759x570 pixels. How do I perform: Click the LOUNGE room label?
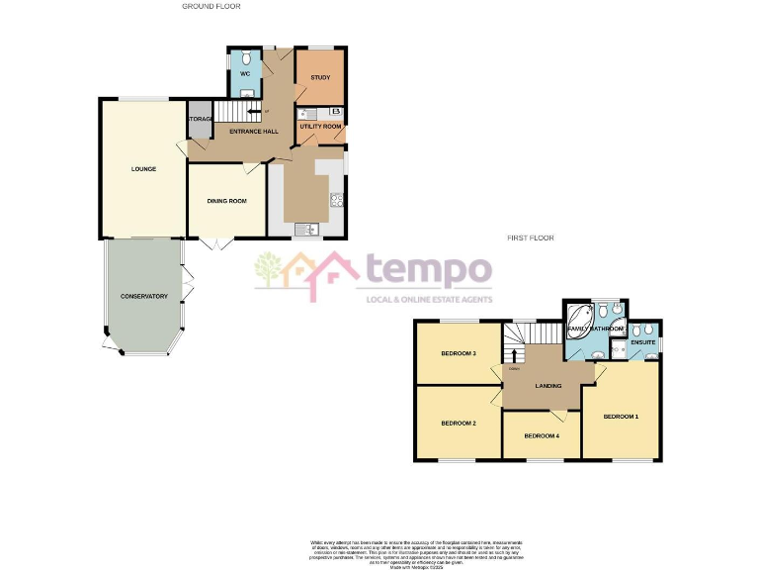[143, 169]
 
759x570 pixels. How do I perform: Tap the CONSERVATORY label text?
[144, 297]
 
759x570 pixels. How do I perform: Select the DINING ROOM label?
[226, 201]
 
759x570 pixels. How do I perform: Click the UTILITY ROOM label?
[319, 127]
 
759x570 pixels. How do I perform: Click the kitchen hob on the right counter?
[336, 199]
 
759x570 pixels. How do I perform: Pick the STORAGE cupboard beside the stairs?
[201, 120]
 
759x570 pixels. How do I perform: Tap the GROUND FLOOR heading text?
[211, 6]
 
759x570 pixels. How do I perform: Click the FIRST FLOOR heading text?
[531, 237]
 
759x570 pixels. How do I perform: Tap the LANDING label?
[548, 386]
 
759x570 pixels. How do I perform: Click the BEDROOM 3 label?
[459, 353]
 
